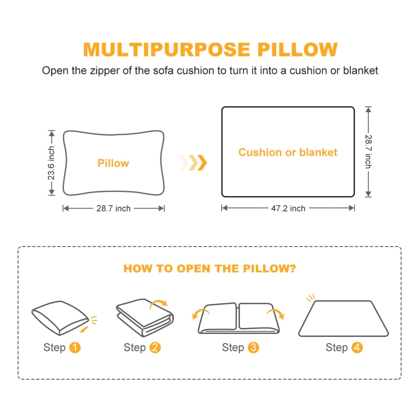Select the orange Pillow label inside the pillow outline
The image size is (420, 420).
click(x=113, y=163)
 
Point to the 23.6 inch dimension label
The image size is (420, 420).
click(x=51, y=163)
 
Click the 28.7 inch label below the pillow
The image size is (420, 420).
click(x=113, y=208)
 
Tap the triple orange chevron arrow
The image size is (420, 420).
click(x=193, y=162)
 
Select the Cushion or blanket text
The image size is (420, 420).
click(x=288, y=152)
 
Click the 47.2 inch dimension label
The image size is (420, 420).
click(x=288, y=208)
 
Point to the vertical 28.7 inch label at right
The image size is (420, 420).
click(x=368, y=152)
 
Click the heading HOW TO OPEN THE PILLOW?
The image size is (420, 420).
click(x=210, y=269)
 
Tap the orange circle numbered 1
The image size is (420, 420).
click(x=75, y=347)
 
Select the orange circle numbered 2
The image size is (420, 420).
click(x=155, y=347)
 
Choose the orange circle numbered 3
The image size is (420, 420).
click(x=253, y=347)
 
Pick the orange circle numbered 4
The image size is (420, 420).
click(x=357, y=347)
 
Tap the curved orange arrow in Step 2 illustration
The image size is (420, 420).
click(x=159, y=303)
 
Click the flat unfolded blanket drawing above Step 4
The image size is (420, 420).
click(x=343, y=319)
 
